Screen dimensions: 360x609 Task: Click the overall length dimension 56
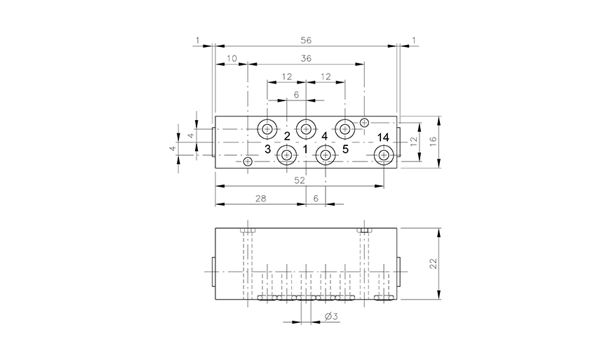(305, 41)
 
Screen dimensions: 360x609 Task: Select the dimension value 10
(232, 59)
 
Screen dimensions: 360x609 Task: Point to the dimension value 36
(306, 59)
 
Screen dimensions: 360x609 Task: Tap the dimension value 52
(300, 180)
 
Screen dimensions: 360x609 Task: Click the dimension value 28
(260, 199)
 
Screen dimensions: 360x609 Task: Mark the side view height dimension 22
(434, 263)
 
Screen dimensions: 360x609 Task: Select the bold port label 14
(383, 137)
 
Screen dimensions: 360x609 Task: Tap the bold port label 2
(287, 136)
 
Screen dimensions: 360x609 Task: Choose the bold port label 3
(267, 149)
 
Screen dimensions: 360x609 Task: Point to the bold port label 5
(345, 149)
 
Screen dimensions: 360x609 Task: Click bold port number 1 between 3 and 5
(305, 149)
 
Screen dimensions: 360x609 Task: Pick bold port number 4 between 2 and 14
(324, 136)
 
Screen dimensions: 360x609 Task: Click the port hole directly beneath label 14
(383, 155)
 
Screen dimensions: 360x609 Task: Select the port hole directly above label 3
(267, 129)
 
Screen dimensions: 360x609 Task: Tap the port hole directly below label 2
(286, 155)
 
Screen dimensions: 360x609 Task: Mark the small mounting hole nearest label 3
(248, 162)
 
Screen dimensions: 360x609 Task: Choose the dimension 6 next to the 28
(315, 199)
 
